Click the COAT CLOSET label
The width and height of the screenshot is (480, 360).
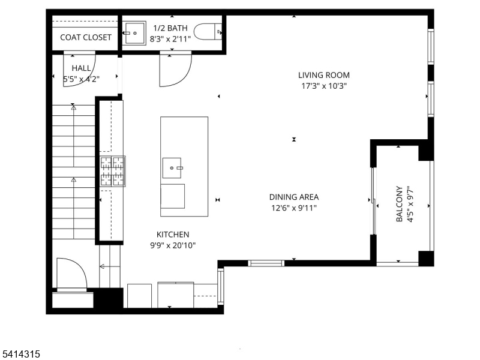(x=86, y=37)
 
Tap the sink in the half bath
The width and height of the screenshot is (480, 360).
(x=136, y=32)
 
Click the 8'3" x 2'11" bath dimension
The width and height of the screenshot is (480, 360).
(x=171, y=38)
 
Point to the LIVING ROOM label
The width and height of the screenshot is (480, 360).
(x=324, y=75)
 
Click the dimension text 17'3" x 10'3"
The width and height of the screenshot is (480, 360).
(x=324, y=86)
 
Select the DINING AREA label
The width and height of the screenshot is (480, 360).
(x=293, y=197)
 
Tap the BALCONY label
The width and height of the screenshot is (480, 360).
(x=400, y=204)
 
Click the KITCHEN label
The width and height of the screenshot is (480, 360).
(x=173, y=235)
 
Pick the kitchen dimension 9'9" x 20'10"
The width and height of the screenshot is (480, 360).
(x=173, y=245)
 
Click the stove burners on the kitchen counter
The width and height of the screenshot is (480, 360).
(x=112, y=171)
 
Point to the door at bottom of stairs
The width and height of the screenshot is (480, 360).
(x=71, y=274)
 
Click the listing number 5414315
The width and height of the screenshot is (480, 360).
(x=20, y=355)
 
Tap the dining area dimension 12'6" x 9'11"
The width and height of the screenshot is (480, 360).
(x=293, y=208)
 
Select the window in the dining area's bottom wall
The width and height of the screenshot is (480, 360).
(x=266, y=263)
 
